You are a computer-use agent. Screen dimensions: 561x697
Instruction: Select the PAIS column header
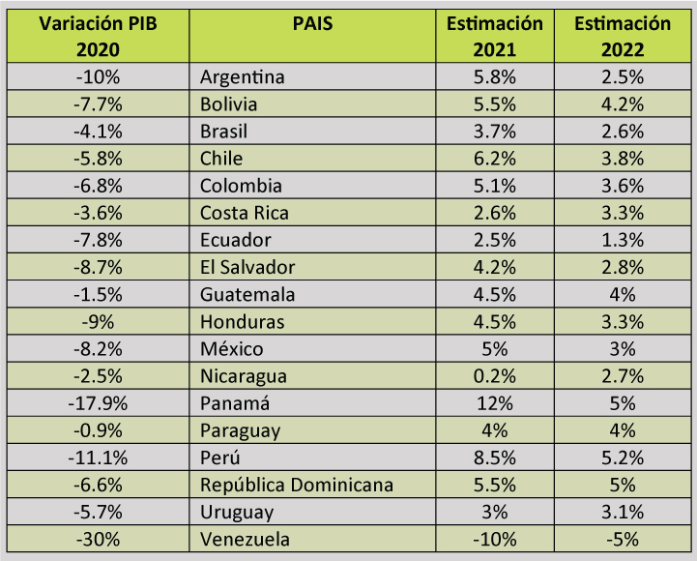(311, 24)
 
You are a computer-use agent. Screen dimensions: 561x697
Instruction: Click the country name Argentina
(242, 76)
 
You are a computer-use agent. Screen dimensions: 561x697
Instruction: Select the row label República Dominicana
(297, 485)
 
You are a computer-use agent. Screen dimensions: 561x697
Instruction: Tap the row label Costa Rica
(245, 213)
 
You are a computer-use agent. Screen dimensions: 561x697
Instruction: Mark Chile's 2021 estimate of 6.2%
(495, 159)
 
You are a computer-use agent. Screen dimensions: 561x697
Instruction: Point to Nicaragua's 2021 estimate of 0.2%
(495, 376)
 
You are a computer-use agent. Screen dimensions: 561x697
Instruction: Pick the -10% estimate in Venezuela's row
(495, 539)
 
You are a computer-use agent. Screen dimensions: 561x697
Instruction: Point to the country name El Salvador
(247, 267)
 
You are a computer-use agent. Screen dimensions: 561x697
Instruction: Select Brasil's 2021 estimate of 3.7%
(495, 132)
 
